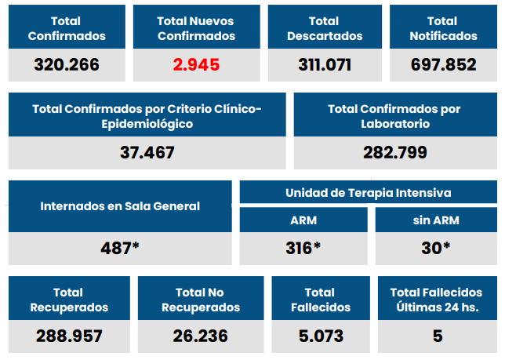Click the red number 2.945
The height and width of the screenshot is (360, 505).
[x=196, y=64]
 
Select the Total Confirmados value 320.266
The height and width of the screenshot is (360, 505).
[x=67, y=64]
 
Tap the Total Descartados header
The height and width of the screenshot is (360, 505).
[x=325, y=28]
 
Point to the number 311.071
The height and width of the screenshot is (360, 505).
[x=325, y=64]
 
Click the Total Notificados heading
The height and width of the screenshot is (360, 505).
[x=443, y=28]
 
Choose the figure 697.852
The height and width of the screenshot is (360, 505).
[x=443, y=64]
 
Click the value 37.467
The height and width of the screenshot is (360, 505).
[x=147, y=152]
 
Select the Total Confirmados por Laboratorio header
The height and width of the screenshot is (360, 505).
[x=394, y=116]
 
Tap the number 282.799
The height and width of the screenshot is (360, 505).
[x=394, y=152]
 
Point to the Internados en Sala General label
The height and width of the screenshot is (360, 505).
[x=120, y=206]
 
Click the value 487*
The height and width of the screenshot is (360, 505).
[x=120, y=248]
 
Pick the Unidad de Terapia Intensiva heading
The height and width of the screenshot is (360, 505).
[x=369, y=192]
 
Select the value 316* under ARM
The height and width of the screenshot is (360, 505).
[x=303, y=248]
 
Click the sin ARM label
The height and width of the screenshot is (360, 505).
[x=436, y=220]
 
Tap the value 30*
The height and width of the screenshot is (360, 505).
[x=436, y=248]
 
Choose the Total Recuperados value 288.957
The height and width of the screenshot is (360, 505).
[x=69, y=336]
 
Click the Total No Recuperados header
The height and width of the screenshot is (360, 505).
[x=201, y=300]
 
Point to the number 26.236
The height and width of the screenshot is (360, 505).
[x=201, y=336]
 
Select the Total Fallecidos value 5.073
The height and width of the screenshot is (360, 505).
[x=321, y=336]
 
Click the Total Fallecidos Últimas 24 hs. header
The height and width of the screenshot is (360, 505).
[x=437, y=300]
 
